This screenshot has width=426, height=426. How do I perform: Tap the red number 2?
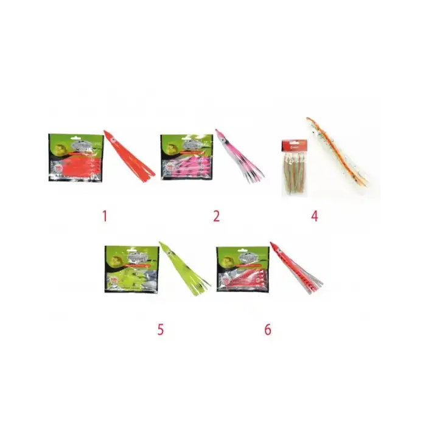[x=216, y=215]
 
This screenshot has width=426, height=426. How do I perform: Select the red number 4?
[x=315, y=215]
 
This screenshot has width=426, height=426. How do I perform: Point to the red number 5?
[x=160, y=329]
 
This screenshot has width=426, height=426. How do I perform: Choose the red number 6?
[x=267, y=329]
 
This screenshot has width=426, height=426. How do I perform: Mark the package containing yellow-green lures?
[x=131, y=269]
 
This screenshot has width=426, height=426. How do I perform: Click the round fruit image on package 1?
[x=61, y=147]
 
